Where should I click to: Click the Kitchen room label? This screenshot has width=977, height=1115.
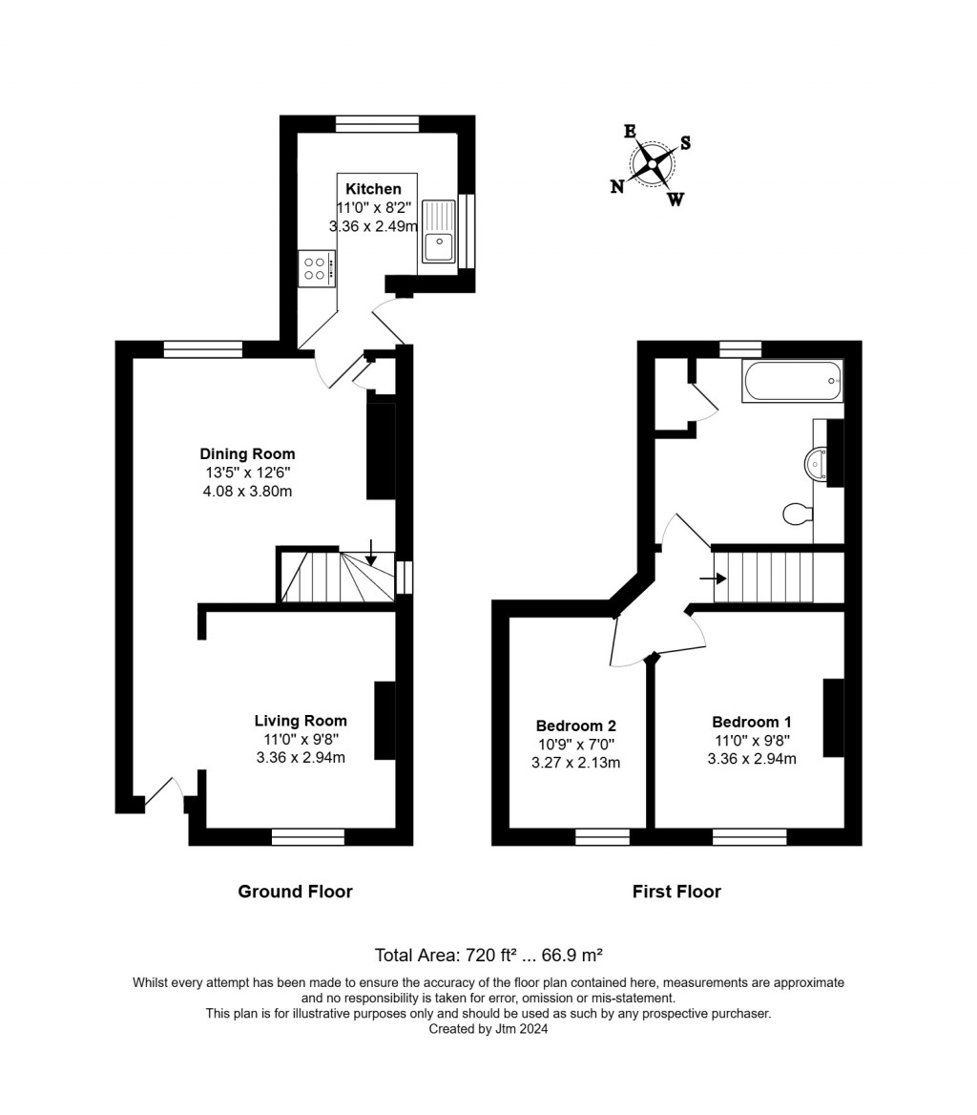pyautogui.click(x=373, y=189)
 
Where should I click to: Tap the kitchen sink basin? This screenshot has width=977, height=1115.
pyautogui.click(x=439, y=246)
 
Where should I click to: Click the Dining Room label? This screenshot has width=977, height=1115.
pyautogui.click(x=247, y=454)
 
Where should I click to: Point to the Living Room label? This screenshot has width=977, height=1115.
pyautogui.click(x=301, y=721)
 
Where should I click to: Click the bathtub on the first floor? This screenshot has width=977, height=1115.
pyautogui.click(x=792, y=381)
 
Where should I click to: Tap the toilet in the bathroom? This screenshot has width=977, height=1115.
pyautogui.click(x=797, y=515)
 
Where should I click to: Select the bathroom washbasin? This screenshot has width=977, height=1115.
pyautogui.click(x=818, y=464)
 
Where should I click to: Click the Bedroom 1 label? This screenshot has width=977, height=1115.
pyautogui.click(x=751, y=723)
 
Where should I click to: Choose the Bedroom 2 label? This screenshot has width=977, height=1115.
pyautogui.click(x=575, y=726)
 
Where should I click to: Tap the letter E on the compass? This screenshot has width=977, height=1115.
pyautogui.click(x=630, y=132)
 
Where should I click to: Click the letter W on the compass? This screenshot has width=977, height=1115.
pyautogui.click(x=675, y=200)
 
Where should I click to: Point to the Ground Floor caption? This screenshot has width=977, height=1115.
pyautogui.click(x=295, y=892)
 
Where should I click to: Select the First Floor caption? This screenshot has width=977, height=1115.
pyautogui.click(x=676, y=892)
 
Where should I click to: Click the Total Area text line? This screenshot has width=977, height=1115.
pyautogui.click(x=488, y=955)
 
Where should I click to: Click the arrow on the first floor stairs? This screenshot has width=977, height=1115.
pyautogui.click(x=712, y=578)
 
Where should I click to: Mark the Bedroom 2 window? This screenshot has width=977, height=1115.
pyautogui.click(x=602, y=837)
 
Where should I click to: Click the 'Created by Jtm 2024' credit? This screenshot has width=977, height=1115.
pyautogui.click(x=488, y=1029)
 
